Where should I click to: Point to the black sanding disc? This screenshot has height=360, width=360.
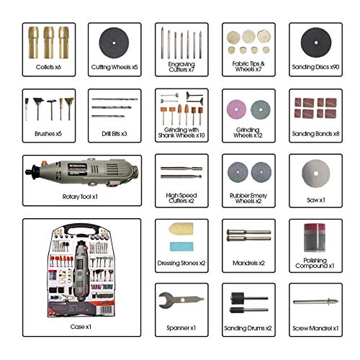(315, 42)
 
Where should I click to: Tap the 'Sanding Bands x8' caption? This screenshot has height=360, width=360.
(315, 133)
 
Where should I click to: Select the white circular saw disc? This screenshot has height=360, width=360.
(315, 171)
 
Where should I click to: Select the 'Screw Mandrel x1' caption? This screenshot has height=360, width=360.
(315, 329)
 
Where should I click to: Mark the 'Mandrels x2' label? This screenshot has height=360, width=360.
(248, 264)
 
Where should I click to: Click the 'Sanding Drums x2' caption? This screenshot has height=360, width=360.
(248, 329)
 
